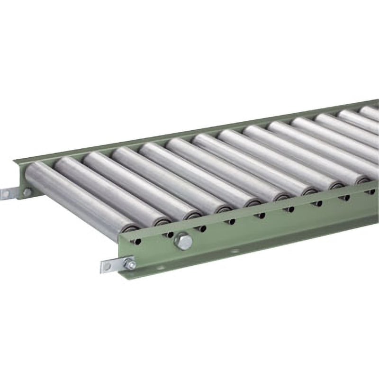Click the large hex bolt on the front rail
183,242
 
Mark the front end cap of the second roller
162,222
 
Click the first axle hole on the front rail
137,242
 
